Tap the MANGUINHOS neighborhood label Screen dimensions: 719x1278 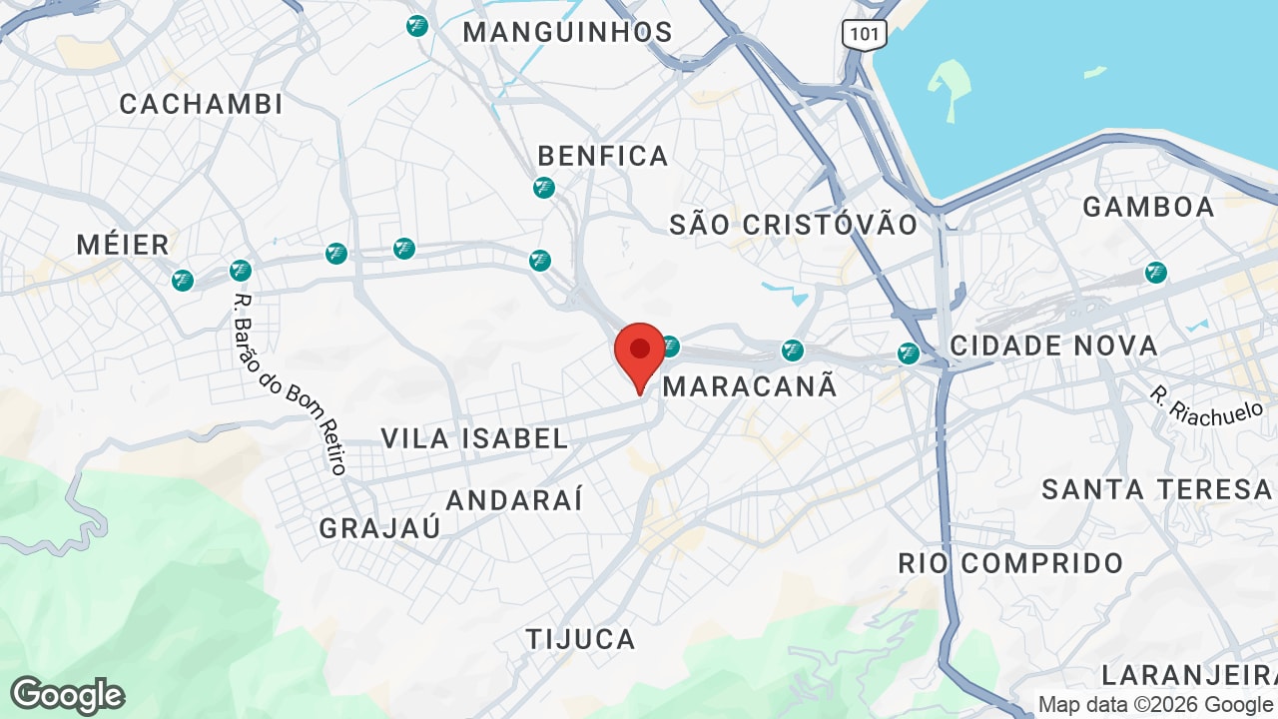coord(567,32)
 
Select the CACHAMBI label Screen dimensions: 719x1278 coord(201,104)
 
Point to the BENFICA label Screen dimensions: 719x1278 coord(603,156)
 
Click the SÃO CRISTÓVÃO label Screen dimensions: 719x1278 coord(794,225)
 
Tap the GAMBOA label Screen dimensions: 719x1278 coord(1148,207)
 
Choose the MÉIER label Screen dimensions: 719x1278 coord(123,244)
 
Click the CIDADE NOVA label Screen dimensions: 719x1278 coord(1053,347)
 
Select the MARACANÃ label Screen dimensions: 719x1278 coord(750,386)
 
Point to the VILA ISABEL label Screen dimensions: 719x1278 coord(475,437)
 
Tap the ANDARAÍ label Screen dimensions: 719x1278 coord(514,500)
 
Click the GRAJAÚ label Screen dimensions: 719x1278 coord(379,528)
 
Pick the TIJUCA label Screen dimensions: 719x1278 coord(581,639)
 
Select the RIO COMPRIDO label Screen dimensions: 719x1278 coord(1010,562)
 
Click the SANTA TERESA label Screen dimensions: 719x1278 coord(1156,489)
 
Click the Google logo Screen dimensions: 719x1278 coord(67,695)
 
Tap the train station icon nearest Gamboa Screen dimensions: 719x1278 coord(1156,272)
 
